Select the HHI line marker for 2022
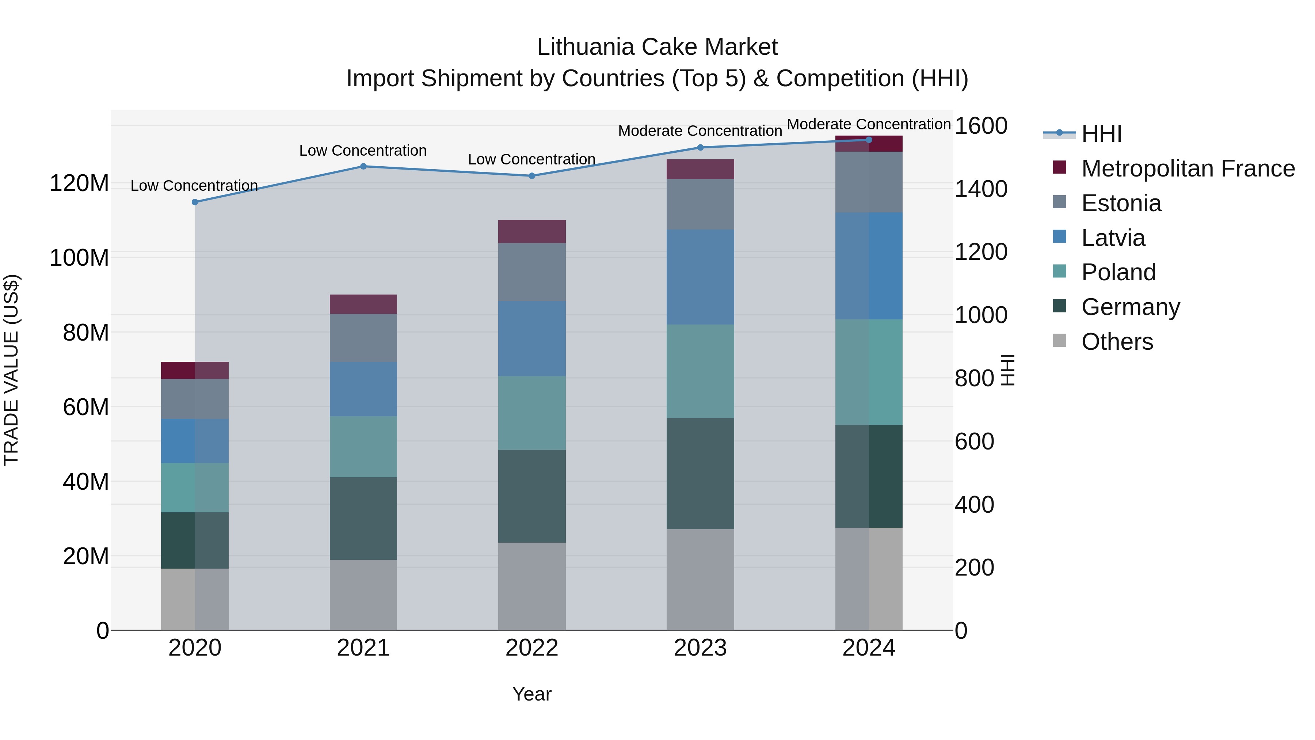coord(531,176)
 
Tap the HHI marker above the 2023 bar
coord(700,148)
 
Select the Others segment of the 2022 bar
coord(531,586)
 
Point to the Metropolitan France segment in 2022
coord(531,231)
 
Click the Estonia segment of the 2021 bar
coord(363,338)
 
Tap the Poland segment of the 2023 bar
coord(700,371)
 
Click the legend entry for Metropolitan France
coord(1188,168)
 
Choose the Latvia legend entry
coord(1113,238)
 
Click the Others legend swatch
coord(1059,341)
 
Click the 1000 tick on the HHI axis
coord(981,315)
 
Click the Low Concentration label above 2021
coord(363,151)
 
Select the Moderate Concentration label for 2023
coord(700,131)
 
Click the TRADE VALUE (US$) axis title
coord(11,370)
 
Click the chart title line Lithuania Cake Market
coord(657,47)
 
